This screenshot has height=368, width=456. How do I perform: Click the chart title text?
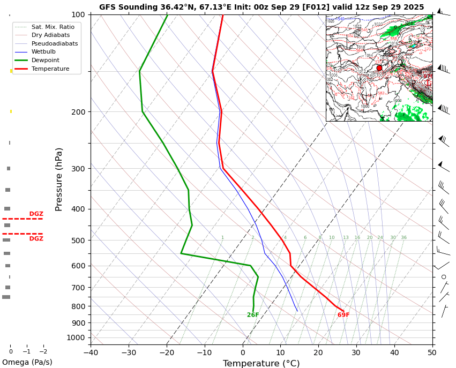(x=261, y=7)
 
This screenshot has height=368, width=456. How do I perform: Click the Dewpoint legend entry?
(x=45, y=61)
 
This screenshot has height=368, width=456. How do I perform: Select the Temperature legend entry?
(x=50, y=69)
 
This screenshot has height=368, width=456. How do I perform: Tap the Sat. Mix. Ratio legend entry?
(x=53, y=27)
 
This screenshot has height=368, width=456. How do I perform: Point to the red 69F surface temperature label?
(x=343, y=315)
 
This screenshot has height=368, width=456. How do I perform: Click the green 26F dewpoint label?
(x=253, y=315)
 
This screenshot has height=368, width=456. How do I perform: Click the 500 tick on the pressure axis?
(x=79, y=241)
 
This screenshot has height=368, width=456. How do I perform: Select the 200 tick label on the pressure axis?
(x=79, y=112)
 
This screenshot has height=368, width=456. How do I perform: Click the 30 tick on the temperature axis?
(x=356, y=352)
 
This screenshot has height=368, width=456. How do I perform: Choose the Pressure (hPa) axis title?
(x=59, y=179)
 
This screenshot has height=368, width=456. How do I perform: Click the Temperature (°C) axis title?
(x=261, y=364)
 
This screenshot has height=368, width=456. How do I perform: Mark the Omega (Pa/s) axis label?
(x=27, y=363)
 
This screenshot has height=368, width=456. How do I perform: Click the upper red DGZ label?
(x=36, y=214)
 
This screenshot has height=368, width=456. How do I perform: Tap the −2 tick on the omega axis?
(x=43, y=351)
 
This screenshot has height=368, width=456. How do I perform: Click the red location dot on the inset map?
(x=379, y=68)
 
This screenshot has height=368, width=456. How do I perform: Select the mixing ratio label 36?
(x=403, y=238)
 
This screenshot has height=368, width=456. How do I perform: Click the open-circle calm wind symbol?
(x=444, y=277)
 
